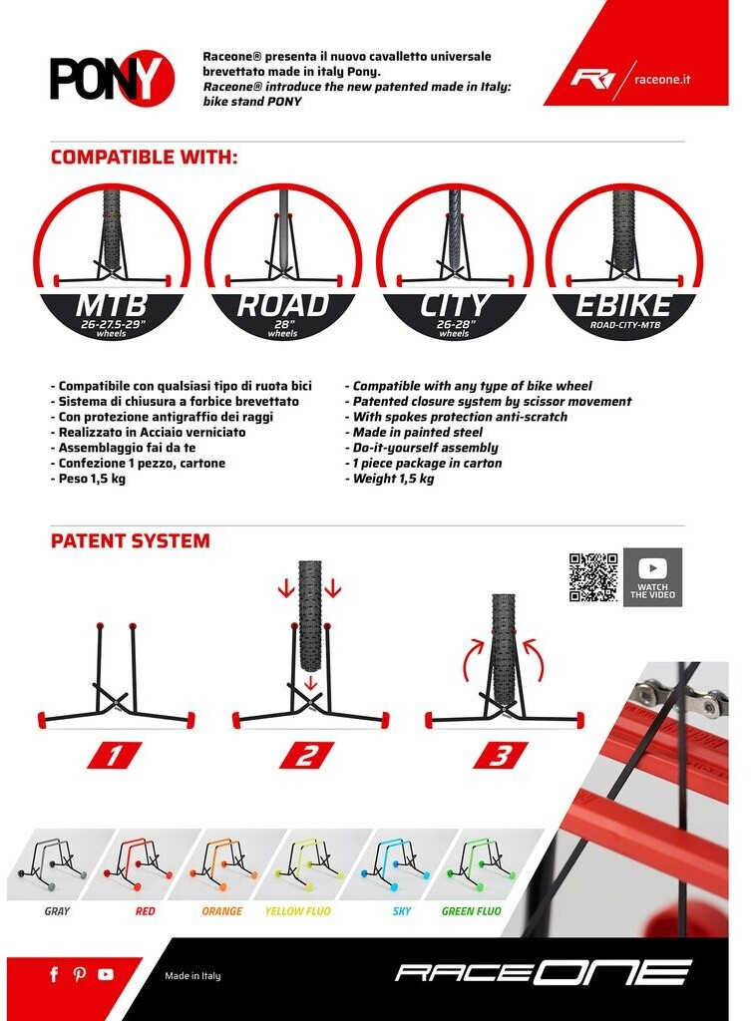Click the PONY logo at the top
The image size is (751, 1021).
click(112, 77)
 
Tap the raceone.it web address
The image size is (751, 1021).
click(662, 80)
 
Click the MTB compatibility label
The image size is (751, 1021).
click(112, 305)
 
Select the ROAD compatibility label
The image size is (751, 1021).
click(282, 305)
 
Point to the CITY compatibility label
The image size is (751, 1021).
click(454, 305)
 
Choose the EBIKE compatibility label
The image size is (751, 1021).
click(623, 305)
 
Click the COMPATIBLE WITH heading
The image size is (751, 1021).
click(144, 157)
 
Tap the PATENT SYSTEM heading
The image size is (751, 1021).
click(131, 541)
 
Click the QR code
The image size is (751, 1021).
click(593, 577)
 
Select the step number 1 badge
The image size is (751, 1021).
click(115, 756)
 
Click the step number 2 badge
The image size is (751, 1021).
click(307, 756)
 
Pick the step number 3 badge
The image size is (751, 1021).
click(501, 756)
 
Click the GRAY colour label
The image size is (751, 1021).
click(57, 911)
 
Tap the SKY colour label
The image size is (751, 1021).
click(402, 911)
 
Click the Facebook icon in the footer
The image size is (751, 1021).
click(54, 974)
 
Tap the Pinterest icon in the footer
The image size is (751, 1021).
click(80, 974)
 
